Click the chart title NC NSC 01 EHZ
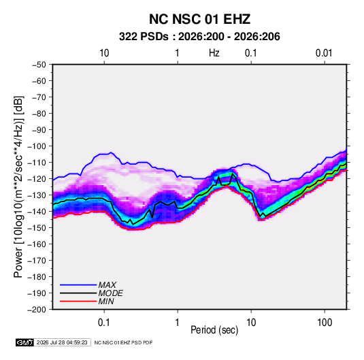[x=199, y=19]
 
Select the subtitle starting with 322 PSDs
[x=199, y=37]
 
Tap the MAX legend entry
[x=107, y=284]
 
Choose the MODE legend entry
[x=110, y=293]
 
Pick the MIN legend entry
[x=106, y=301]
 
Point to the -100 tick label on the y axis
[x=37, y=146]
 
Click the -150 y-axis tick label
[x=37, y=228]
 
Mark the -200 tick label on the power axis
[x=37, y=310]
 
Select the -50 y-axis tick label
[x=39, y=65]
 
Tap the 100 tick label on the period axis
[x=325, y=323]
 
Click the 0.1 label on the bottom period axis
[x=104, y=323]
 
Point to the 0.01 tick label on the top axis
[x=324, y=53]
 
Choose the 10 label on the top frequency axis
[x=104, y=53]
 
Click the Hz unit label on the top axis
[x=214, y=53]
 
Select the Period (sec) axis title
[x=214, y=330]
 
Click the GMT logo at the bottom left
[x=25, y=342]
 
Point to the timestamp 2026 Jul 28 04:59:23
[x=62, y=342]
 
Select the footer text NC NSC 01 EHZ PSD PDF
[x=123, y=342]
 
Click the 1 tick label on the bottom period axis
[x=178, y=323]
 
